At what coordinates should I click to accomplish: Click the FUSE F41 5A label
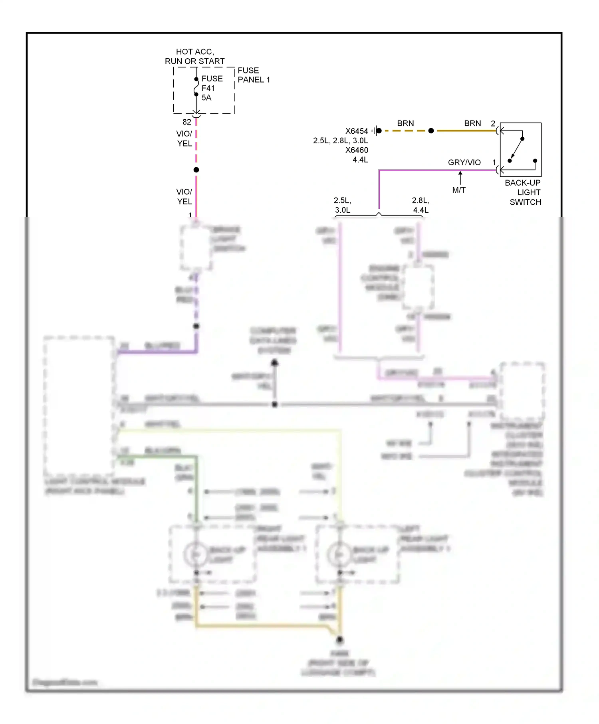[x=211, y=88]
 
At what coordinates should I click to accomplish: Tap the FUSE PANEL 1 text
[x=254, y=75]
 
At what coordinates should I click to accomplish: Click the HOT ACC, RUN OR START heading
[x=194, y=57]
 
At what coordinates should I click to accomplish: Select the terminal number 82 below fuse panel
[x=186, y=122]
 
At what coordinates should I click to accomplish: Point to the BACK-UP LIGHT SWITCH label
[x=524, y=192]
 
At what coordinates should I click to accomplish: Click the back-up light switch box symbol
[x=521, y=150]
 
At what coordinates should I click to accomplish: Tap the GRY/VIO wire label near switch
[x=464, y=162]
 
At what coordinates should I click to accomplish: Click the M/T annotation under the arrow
[x=459, y=190]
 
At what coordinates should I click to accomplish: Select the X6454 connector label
[x=357, y=131]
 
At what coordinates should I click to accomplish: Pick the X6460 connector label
[x=357, y=150]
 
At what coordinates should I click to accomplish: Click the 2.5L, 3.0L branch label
[x=343, y=205]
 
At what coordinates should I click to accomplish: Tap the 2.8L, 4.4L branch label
[x=421, y=205]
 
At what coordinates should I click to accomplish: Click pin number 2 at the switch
[x=493, y=124]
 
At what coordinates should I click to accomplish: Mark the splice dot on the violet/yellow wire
[x=196, y=170]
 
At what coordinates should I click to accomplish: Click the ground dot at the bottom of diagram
[x=339, y=640]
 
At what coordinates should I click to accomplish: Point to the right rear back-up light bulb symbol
[x=196, y=554]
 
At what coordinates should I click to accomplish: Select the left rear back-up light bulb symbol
[x=339, y=554]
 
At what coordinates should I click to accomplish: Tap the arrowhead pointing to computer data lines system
[x=275, y=362]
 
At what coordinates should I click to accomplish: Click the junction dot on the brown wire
[x=431, y=131]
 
